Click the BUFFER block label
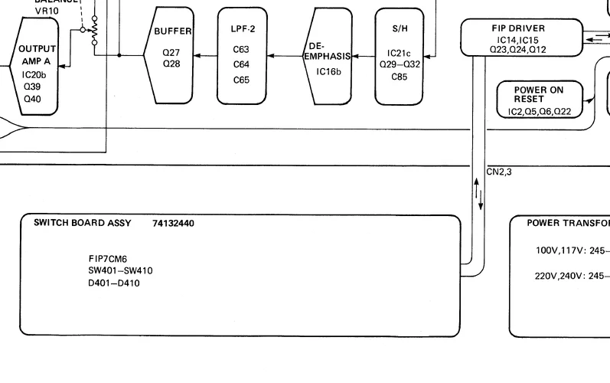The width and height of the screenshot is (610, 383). [x=172, y=31]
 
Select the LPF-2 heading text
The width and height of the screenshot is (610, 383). [x=241, y=29]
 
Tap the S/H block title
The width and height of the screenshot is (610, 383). [x=400, y=28]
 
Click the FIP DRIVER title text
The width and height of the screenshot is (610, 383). [x=518, y=28]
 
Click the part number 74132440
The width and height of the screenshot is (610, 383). [x=173, y=224]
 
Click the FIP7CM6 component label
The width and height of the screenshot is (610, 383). [x=107, y=259]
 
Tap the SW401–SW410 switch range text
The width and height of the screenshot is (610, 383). [x=120, y=270]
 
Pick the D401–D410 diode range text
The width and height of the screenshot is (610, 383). [x=114, y=283]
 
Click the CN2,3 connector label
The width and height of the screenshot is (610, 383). [x=499, y=172]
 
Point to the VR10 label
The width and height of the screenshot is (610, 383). [x=47, y=11]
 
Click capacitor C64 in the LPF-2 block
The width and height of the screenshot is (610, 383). [x=241, y=64]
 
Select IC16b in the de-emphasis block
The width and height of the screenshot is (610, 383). [x=328, y=72]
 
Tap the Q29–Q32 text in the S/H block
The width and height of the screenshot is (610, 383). [x=400, y=64]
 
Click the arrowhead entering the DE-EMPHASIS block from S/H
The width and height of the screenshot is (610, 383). [x=354, y=56]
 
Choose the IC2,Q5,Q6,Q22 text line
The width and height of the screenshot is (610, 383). [x=540, y=112]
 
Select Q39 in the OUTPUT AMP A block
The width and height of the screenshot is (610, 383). [x=32, y=87]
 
